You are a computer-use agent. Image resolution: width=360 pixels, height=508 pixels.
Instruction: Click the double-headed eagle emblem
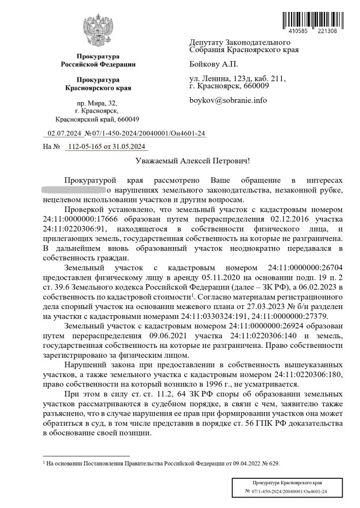[98, 31]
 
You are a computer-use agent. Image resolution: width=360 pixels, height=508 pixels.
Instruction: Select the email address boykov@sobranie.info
[228, 100]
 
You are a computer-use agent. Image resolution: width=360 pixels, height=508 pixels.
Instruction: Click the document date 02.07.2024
[65, 133]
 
